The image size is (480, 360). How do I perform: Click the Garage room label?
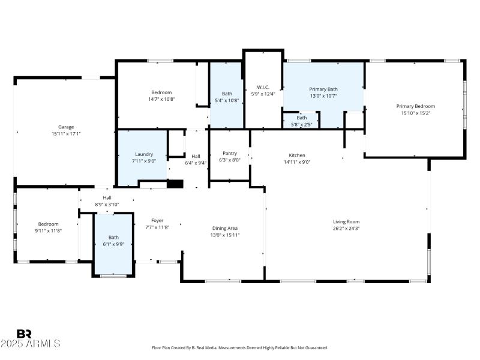tap(66, 127)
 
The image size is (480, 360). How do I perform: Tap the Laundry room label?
tap(144, 154)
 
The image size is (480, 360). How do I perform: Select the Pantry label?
tap(230, 153)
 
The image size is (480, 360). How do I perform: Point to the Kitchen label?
tap(297, 155)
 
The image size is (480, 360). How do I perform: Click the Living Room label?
tap(346, 221)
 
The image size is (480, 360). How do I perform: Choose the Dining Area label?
tap(225, 228)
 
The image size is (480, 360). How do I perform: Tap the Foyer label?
tap(157, 220)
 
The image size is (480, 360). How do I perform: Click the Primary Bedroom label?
tap(416, 106)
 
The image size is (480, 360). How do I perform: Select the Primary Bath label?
tap(323, 89)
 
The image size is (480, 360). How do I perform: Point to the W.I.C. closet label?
tap(263, 86)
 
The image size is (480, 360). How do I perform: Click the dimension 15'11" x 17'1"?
tap(66, 133)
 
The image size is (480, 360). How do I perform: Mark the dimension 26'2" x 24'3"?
tap(346, 228)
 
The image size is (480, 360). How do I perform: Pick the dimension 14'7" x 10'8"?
tap(161, 99)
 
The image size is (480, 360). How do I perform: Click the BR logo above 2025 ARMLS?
tap(25, 334)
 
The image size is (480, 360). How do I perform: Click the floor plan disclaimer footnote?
tap(240, 347)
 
